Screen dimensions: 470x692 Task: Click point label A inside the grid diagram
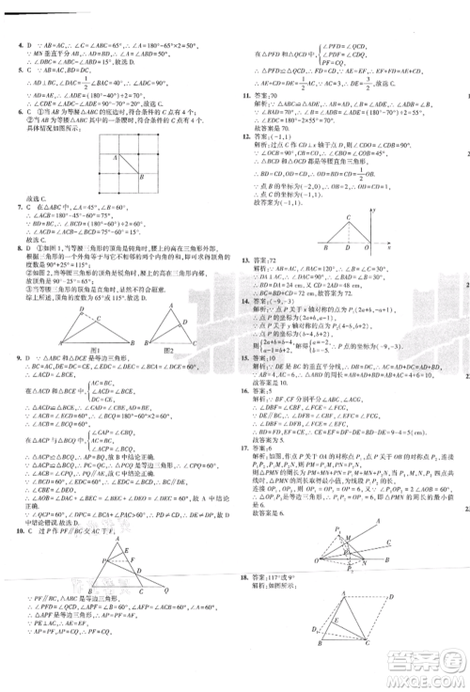(114, 158)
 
